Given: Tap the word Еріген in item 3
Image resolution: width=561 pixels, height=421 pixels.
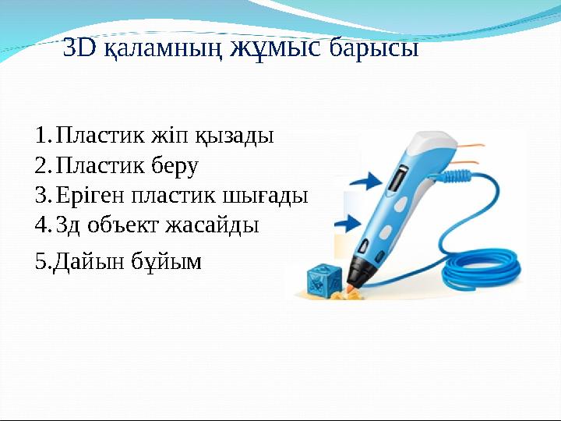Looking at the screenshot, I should [x=91, y=196].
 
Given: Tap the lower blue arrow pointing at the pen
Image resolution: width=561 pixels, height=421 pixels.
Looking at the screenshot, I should [x=348, y=225].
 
